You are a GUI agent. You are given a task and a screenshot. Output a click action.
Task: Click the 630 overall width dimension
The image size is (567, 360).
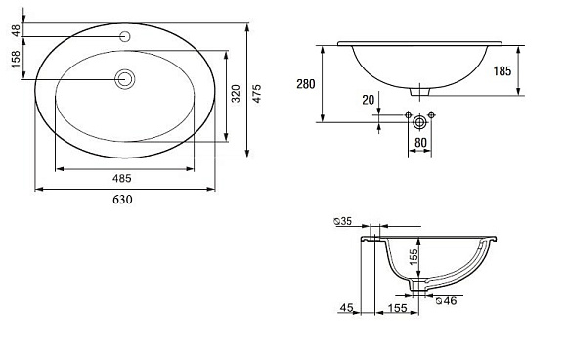(122, 200)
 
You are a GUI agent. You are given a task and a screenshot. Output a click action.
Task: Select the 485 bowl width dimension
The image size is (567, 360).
(122, 178)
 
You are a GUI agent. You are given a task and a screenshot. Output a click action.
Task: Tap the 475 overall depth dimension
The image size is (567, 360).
(256, 94)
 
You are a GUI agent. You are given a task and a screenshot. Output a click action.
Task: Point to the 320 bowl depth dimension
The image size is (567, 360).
(236, 93)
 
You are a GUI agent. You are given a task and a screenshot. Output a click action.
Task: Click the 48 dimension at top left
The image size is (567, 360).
(16, 30)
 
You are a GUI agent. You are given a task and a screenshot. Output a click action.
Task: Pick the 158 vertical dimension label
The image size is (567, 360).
(16, 59)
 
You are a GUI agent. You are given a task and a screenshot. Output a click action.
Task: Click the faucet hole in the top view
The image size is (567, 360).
(125, 36)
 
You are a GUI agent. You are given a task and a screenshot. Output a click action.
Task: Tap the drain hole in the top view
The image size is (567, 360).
(125, 79)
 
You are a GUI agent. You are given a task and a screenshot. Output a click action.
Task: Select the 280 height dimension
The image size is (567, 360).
(306, 84)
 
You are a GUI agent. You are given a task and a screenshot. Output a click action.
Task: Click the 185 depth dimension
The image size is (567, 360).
(502, 71)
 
